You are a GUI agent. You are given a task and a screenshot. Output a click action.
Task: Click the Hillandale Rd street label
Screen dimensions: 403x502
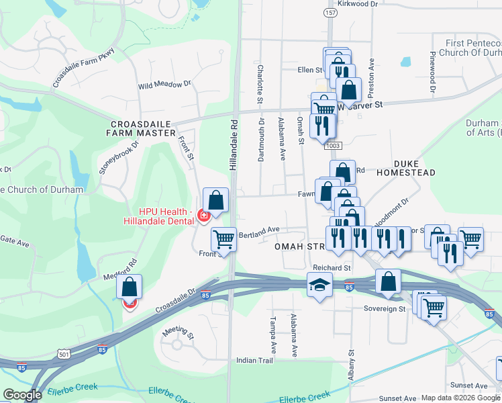[234, 144]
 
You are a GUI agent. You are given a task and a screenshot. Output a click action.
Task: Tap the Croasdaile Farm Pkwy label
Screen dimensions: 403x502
[85, 66]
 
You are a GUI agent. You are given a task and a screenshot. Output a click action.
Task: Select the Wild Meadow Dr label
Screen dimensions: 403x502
[164, 85]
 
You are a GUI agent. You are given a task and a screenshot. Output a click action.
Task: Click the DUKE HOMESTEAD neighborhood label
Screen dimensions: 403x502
[415, 168]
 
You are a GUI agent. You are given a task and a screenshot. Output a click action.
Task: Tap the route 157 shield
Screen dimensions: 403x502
[331, 13]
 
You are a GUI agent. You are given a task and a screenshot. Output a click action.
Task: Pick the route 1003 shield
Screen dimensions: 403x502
[332, 145]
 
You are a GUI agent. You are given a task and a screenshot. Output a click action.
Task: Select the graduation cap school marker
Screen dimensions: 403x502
[320, 285]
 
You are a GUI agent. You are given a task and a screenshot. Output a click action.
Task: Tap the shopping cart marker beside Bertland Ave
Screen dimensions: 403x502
[223, 238]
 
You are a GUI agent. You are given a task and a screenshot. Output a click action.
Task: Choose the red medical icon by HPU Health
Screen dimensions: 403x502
[203, 216]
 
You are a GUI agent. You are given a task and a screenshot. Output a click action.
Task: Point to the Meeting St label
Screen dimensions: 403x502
[177, 332]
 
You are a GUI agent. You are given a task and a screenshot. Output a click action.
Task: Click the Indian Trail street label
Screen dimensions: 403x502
[255, 361]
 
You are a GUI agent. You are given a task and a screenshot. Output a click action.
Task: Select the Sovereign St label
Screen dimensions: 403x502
[385, 309]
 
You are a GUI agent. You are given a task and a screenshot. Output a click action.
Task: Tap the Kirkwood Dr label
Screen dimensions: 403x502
[359, 4]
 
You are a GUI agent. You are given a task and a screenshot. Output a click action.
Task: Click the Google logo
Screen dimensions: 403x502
[23, 395]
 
